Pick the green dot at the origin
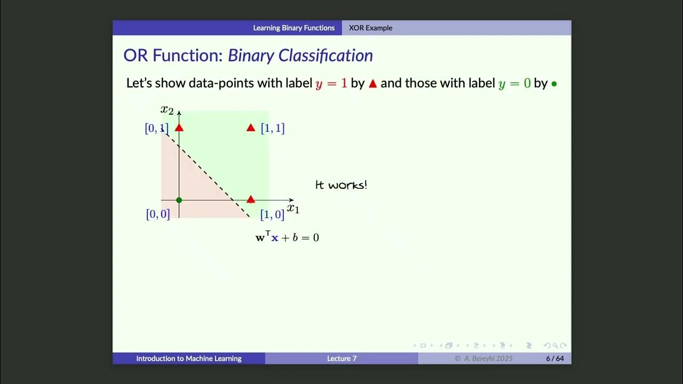coord(179,200)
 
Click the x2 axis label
coord(167,110)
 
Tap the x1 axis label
coord(293,209)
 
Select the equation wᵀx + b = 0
coord(287,237)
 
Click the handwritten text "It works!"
coord(341,185)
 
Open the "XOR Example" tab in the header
coord(370,28)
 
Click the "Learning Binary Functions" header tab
coord(293,28)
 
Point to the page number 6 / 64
coord(554,358)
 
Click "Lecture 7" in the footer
coord(341,358)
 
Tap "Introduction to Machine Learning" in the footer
coord(189,358)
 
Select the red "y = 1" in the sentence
coord(331,84)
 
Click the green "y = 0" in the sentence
coord(514,84)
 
